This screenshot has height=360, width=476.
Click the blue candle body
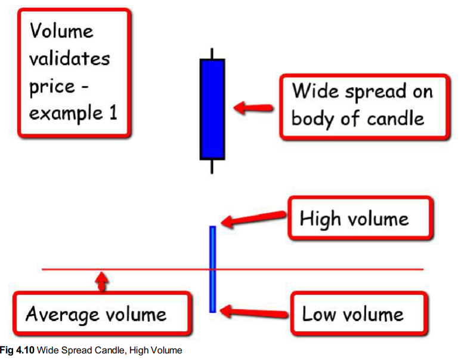(x=212, y=109)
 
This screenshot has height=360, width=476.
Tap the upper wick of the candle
(x=212, y=53)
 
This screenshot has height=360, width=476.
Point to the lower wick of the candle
(x=212, y=166)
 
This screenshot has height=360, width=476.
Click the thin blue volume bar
(x=212, y=269)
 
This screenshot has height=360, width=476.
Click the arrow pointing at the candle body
(x=254, y=108)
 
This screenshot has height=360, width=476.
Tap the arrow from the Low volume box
(x=254, y=310)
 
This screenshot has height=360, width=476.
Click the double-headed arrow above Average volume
(x=103, y=280)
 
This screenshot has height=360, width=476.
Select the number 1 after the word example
(x=112, y=113)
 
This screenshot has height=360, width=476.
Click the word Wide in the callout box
(x=313, y=92)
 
